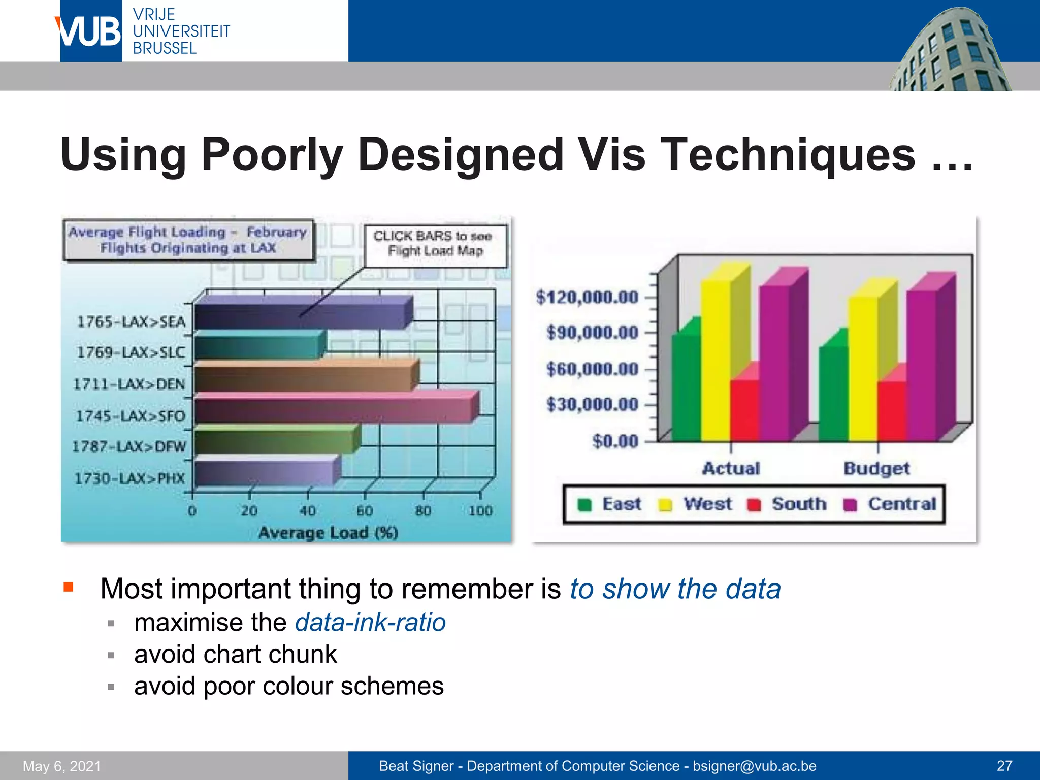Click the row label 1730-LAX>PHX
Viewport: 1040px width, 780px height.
[129, 478]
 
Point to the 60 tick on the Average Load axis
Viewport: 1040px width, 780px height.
[365, 510]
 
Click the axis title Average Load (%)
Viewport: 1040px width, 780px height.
[328, 533]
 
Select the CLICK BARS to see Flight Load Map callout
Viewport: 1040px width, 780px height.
[435, 244]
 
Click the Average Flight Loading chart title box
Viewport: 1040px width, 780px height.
[188, 240]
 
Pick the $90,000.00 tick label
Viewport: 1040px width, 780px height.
[592, 333]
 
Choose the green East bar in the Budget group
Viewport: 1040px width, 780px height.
[833, 394]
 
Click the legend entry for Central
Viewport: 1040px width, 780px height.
[890, 504]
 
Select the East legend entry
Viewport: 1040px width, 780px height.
[609, 504]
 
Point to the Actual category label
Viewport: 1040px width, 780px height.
[731, 468]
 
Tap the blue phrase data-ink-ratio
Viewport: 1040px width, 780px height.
[370, 623]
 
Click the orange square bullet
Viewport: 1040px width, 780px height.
[69, 588]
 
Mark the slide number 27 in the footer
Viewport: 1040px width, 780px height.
[1004, 766]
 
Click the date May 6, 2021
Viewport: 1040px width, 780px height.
[62, 766]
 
